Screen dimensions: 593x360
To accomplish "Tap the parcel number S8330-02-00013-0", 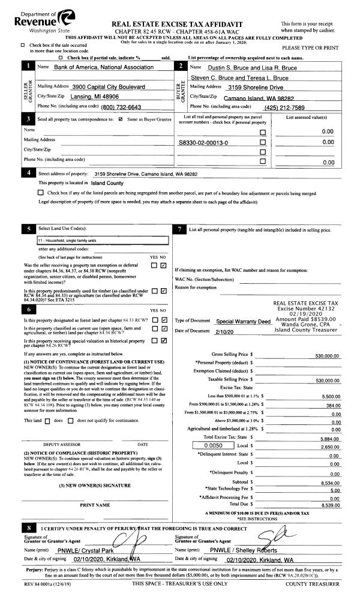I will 203,143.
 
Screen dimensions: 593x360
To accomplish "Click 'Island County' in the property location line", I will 107,182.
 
